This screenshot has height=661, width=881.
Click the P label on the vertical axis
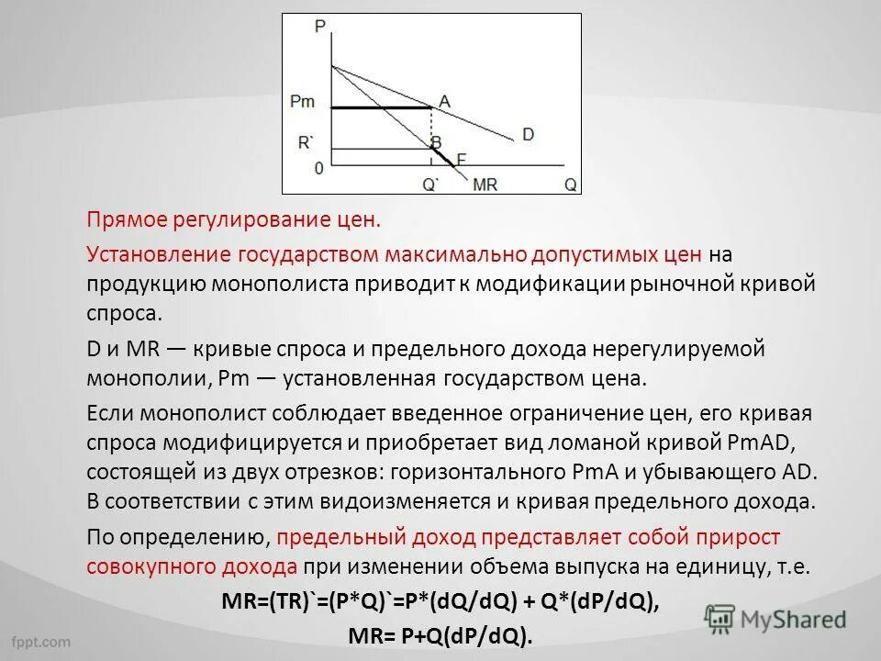tap(319, 28)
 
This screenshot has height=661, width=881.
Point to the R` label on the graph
tap(305, 142)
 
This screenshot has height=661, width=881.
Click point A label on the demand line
tap(444, 102)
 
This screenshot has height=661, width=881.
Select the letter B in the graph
tap(436, 142)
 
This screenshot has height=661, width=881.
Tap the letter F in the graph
tap(461, 159)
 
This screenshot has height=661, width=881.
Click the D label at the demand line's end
tap(528, 134)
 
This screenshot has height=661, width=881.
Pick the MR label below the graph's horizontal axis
tap(485, 184)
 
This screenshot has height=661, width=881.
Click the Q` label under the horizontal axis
tap(430, 184)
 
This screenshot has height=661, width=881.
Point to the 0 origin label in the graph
tap(318, 169)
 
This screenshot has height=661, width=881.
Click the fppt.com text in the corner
tap(41, 639)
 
